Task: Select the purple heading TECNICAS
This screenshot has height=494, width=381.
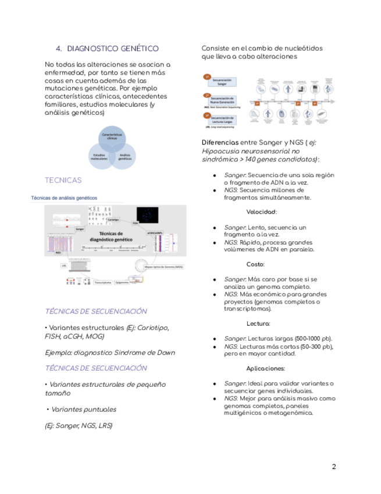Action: click(x=63, y=180)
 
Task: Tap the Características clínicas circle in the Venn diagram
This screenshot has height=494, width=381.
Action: click(x=111, y=137)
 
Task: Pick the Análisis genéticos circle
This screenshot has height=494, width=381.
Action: click(x=124, y=157)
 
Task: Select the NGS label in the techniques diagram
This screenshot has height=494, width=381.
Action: click(x=59, y=253)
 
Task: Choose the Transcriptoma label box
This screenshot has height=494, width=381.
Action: click(x=103, y=283)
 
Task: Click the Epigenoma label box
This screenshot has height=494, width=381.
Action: click(x=122, y=283)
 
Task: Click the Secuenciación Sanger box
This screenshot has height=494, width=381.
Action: click(x=221, y=81)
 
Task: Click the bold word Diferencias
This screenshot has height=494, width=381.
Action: click(x=220, y=142)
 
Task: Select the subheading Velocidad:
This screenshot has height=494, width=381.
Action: click(x=261, y=212)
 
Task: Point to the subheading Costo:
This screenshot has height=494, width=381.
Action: click(x=255, y=264)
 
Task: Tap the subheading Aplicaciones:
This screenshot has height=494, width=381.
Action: click(x=265, y=368)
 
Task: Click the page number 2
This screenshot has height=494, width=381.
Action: click(x=334, y=466)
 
